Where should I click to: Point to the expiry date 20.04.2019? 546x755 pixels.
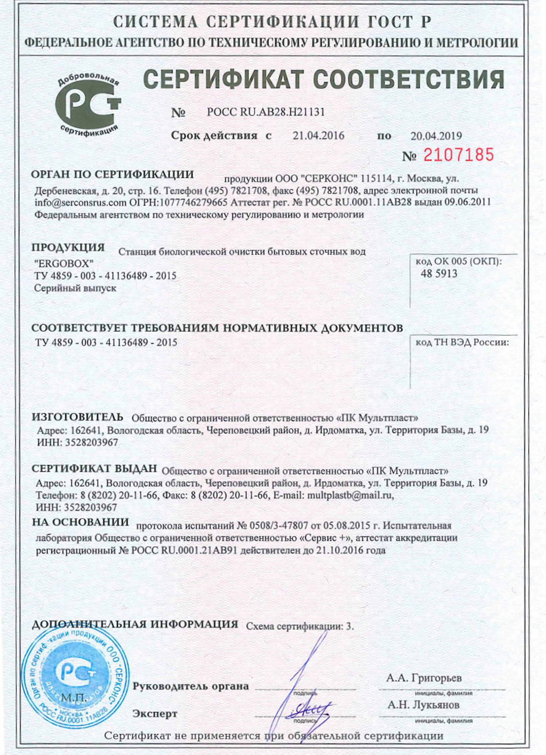click(x=436, y=136)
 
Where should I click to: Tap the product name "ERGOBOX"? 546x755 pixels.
click(x=64, y=264)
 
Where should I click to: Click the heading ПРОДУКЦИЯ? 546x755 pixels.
click(x=68, y=248)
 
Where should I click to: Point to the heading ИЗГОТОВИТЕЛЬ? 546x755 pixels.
click(x=77, y=417)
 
